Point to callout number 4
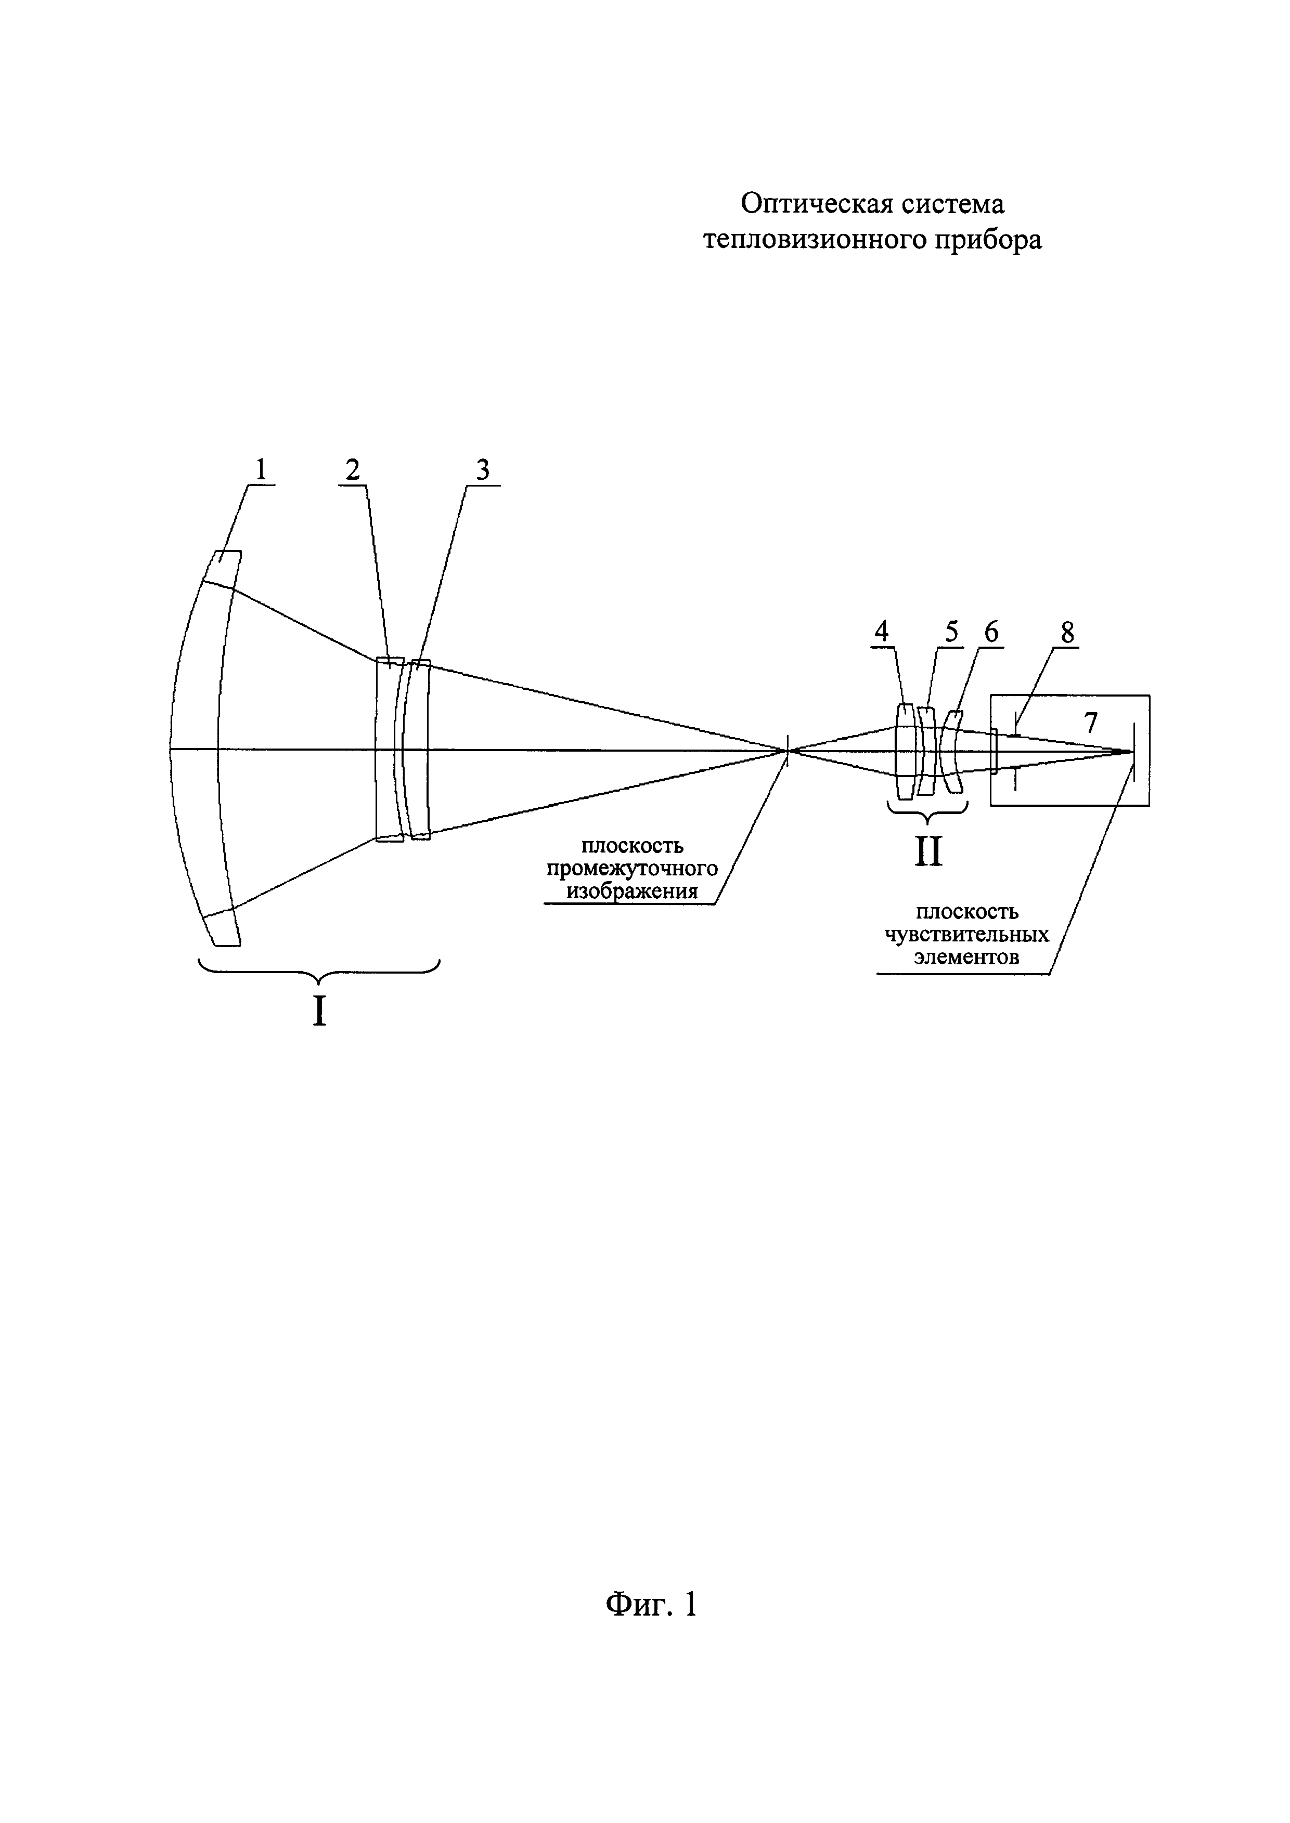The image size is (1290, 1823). click(x=881, y=632)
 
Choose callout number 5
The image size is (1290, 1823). click(x=951, y=632)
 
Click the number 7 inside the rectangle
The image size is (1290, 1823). click(x=1091, y=723)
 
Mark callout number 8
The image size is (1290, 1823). click(x=1067, y=632)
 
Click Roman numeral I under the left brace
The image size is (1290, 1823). click(x=319, y=1012)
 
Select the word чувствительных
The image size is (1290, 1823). click(x=966, y=935)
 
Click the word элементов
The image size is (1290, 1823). click(x=966, y=958)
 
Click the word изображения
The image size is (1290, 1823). click(x=633, y=891)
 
